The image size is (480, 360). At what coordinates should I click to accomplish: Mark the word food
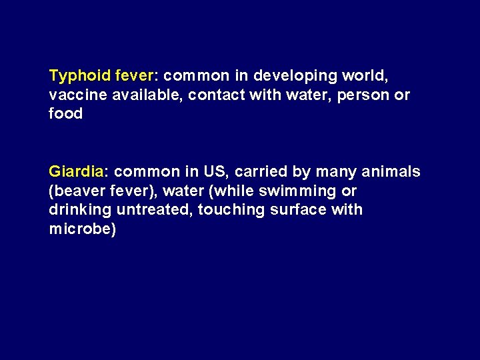[66, 113]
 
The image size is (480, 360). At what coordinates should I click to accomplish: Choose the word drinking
[81, 209]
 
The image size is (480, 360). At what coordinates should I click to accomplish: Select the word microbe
[79, 229]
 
